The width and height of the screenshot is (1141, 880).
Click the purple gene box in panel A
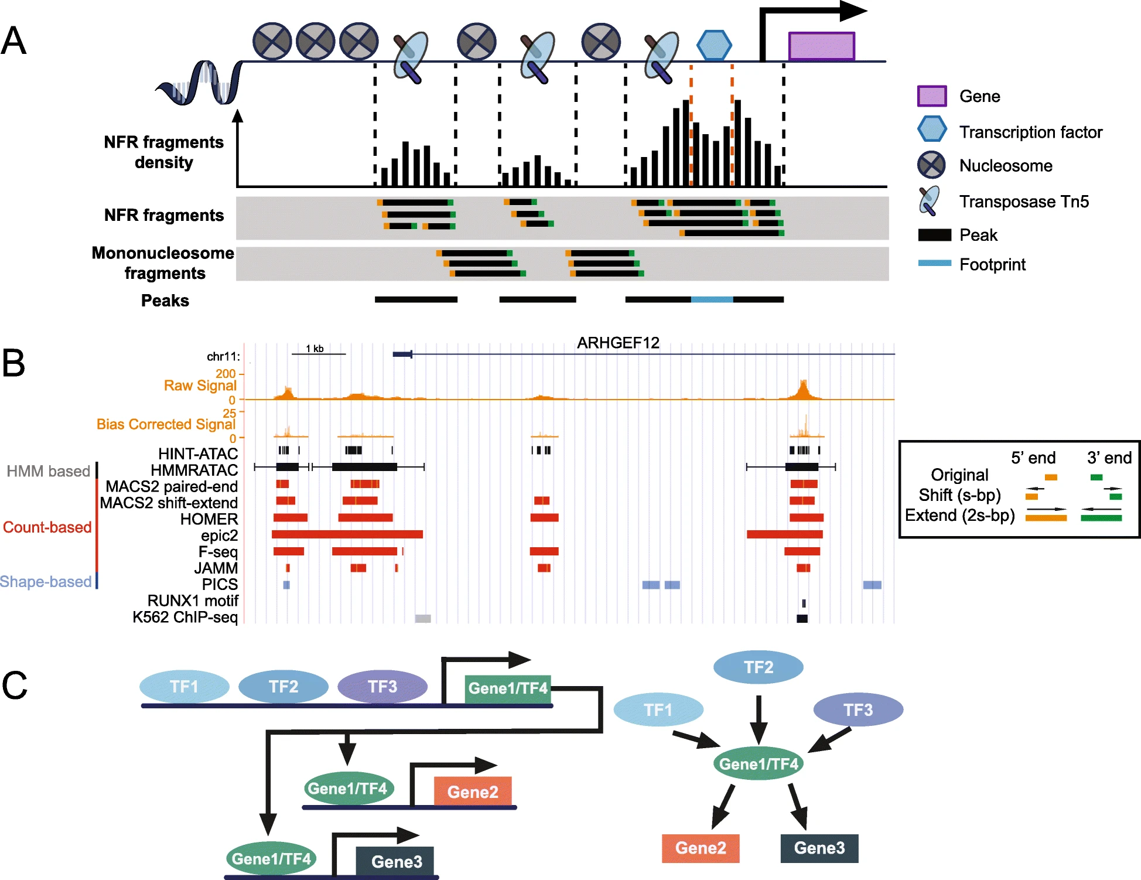click(x=821, y=46)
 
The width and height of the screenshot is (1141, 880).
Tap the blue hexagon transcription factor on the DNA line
click(x=714, y=45)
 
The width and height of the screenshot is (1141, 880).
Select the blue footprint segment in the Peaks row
click(x=712, y=299)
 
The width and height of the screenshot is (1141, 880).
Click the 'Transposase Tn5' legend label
click(x=1024, y=202)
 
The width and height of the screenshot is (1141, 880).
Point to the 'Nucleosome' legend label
click(x=1006, y=166)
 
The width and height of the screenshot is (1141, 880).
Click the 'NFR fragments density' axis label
click(x=164, y=152)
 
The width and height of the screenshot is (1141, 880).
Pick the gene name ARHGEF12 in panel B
click(x=618, y=343)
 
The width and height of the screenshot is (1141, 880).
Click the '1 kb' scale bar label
click(x=315, y=349)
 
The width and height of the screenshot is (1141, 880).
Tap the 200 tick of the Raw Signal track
click(x=226, y=374)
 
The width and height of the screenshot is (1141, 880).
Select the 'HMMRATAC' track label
click(x=194, y=470)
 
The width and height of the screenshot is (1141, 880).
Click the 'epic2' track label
click(x=220, y=535)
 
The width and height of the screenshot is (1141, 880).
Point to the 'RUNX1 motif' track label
click(x=193, y=601)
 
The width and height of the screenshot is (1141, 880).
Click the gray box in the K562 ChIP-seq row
click(x=423, y=618)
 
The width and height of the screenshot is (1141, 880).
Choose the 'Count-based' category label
click(x=47, y=527)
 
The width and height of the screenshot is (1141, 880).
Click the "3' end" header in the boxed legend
click(x=1109, y=458)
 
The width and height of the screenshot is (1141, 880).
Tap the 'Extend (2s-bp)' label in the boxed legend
click(x=959, y=515)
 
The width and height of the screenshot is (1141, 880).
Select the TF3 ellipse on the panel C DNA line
click(x=382, y=687)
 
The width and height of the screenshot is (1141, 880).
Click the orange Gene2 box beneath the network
click(x=701, y=848)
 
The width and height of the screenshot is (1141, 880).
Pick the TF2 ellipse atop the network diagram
click(x=759, y=667)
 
